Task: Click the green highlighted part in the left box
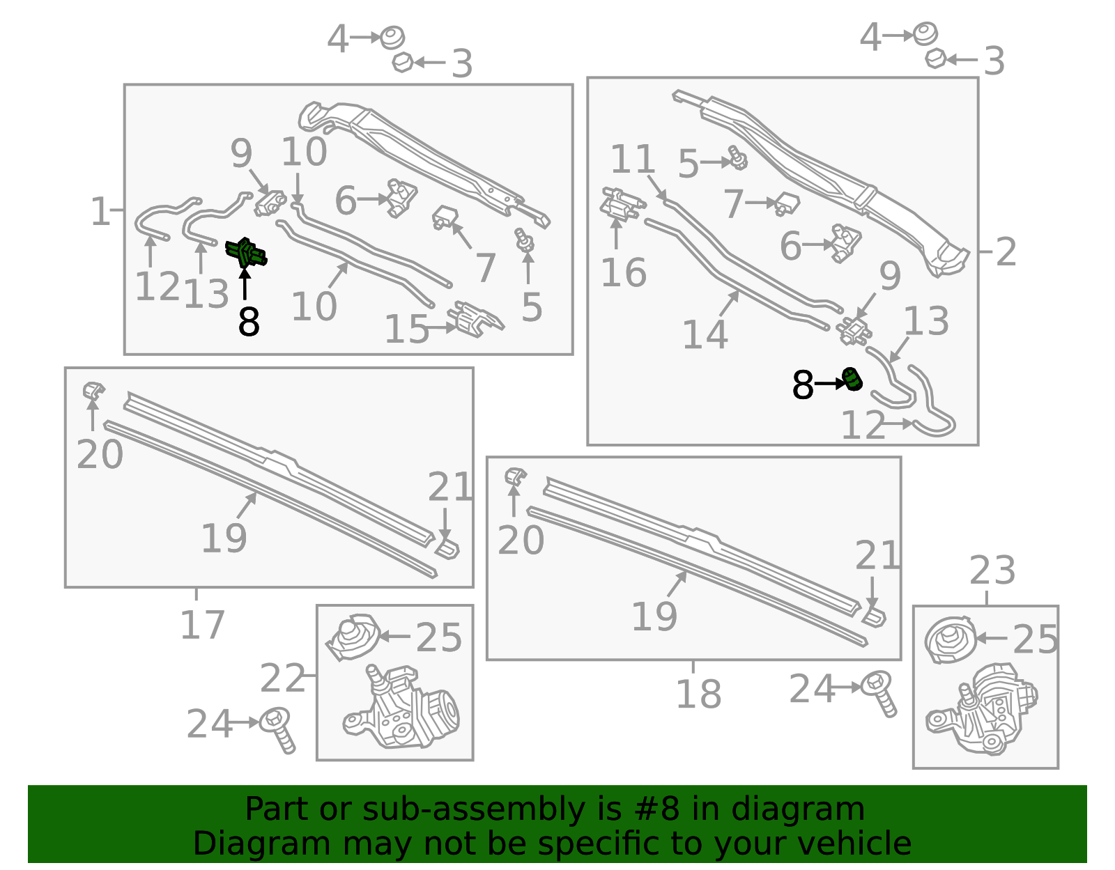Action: click(246, 253)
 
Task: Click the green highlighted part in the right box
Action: click(852, 380)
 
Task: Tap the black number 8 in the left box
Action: click(249, 322)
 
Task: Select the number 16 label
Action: click(624, 272)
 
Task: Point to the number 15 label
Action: click(407, 329)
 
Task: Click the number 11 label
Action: click(633, 160)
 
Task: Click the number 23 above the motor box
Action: click(992, 570)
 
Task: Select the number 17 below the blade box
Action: click(202, 625)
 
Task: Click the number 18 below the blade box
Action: click(698, 694)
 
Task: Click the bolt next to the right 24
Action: click(879, 692)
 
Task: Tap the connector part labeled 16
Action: click(620, 205)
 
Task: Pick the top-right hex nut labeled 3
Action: click(935, 59)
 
